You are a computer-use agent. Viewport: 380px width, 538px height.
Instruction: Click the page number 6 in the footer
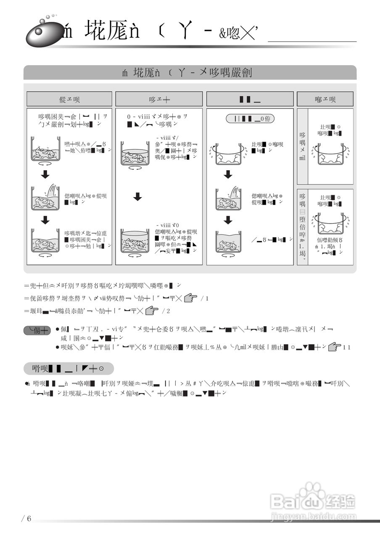coord(29,518)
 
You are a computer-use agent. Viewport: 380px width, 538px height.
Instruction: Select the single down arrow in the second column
coord(137,196)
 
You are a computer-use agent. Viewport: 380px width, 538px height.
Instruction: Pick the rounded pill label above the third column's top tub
coord(250,119)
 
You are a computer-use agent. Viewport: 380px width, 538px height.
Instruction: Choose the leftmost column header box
coord(69,99)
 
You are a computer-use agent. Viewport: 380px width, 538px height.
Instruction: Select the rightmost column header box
coord(325,99)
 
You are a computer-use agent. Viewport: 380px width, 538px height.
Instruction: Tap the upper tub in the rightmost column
coord(330,153)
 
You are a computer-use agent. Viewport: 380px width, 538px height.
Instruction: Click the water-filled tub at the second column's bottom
coord(135,242)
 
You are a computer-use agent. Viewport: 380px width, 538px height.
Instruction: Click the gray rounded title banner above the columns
coord(190,73)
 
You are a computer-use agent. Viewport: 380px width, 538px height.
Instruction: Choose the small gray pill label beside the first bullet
coord(37,331)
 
